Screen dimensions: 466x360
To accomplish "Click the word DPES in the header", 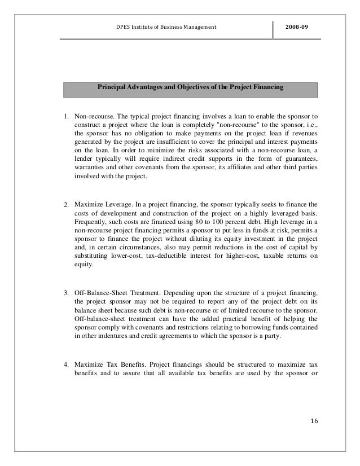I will coord(122,27).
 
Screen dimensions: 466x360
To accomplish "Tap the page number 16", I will coord(314,422).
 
